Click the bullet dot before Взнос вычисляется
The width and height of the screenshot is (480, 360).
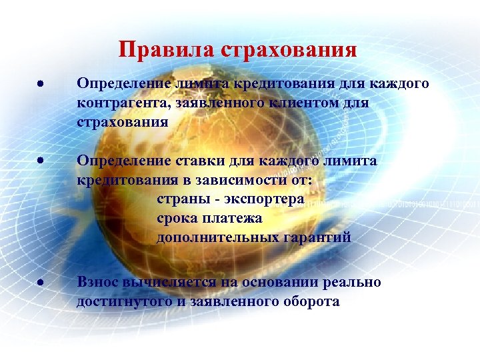(41, 283)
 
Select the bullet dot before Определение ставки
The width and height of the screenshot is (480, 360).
(41, 161)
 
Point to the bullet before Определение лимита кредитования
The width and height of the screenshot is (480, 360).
(41, 85)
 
